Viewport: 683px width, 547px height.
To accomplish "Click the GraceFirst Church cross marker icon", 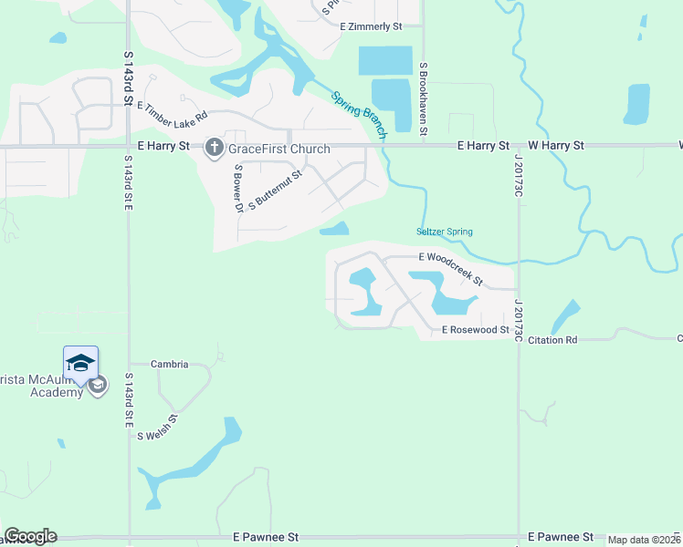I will coord(215,147).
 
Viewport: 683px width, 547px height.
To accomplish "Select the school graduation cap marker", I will coord(80,363).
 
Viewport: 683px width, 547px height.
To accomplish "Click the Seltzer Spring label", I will coord(444,232).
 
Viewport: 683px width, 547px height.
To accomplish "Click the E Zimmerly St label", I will coord(371,27).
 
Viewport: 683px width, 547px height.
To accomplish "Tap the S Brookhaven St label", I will coord(424,99).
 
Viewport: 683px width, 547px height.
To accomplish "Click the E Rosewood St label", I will coord(475,330).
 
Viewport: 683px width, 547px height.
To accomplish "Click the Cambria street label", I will coord(170,364).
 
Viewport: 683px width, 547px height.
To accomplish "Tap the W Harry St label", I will coord(556,145).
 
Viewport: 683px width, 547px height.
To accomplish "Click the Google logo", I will coord(30,536).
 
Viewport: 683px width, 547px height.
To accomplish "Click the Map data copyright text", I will coord(644,540).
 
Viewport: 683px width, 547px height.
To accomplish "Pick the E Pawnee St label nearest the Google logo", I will coord(266,537).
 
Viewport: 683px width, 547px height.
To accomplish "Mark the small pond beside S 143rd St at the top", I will coord(58,38).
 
